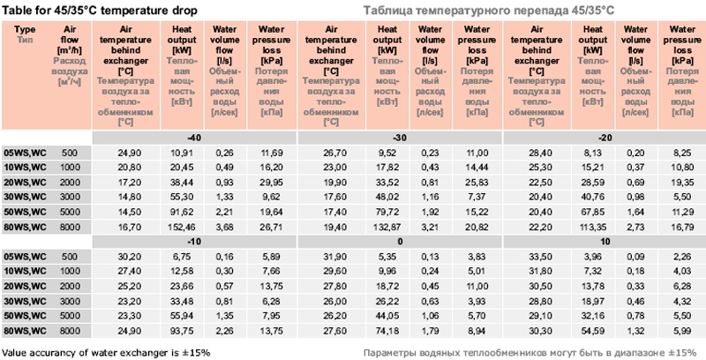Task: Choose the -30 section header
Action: click(x=399, y=139)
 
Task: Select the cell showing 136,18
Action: click(x=386, y=228)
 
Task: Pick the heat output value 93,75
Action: click(x=182, y=330)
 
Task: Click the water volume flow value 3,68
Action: click(x=223, y=228)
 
